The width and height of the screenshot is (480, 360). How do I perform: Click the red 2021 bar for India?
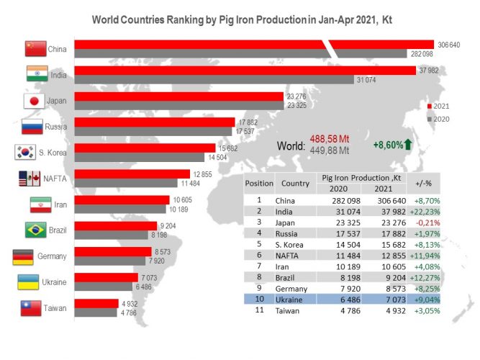click(x=245, y=71)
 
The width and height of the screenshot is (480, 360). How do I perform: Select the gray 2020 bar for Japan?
click(x=179, y=105)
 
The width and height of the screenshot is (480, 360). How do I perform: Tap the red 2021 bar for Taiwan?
click(x=96, y=304)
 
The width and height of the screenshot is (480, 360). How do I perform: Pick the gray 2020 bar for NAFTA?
click(x=126, y=183)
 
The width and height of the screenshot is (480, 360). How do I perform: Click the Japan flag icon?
click(x=35, y=101)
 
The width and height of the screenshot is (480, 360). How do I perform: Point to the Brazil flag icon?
click(x=35, y=230)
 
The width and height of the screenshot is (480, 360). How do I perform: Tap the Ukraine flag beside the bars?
click(x=28, y=282)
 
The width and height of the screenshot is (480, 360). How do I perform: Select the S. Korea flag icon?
click(x=25, y=152)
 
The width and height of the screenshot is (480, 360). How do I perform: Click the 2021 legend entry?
click(x=438, y=107)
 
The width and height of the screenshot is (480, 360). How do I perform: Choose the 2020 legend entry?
click(x=438, y=120)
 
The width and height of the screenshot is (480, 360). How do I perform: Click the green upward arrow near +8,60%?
click(x=408, y=144)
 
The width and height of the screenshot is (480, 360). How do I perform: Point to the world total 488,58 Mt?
click(x=330, y=139)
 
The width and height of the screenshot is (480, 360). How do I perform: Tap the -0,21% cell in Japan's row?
click(x=427, y=222)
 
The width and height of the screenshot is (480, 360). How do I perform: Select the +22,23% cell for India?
click(x=425, y=212)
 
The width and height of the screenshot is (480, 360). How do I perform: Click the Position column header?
click(x=259, y=183)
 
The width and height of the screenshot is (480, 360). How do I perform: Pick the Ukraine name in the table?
click(x=289, y=300)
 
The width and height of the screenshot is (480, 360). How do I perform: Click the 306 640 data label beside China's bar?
click(x=449, y=45)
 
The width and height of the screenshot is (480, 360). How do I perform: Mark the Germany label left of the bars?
click(x=52, y=256)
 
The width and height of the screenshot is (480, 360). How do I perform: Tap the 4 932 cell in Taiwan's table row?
click(x=396, y=310)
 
